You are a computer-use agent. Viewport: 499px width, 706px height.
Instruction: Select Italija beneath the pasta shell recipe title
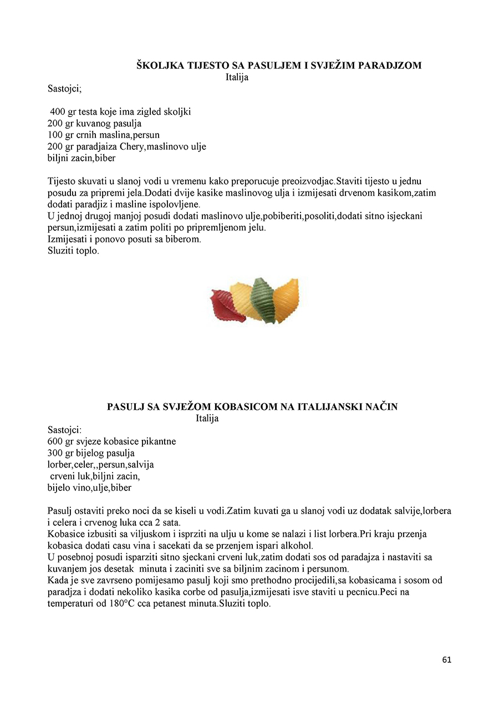coord(237,77)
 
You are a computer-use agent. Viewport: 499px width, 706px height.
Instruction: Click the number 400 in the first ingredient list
coord(58,111)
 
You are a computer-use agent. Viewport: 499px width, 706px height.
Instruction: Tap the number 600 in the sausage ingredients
coord(55,441)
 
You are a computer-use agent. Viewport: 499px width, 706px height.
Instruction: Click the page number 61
coord(447,660)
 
